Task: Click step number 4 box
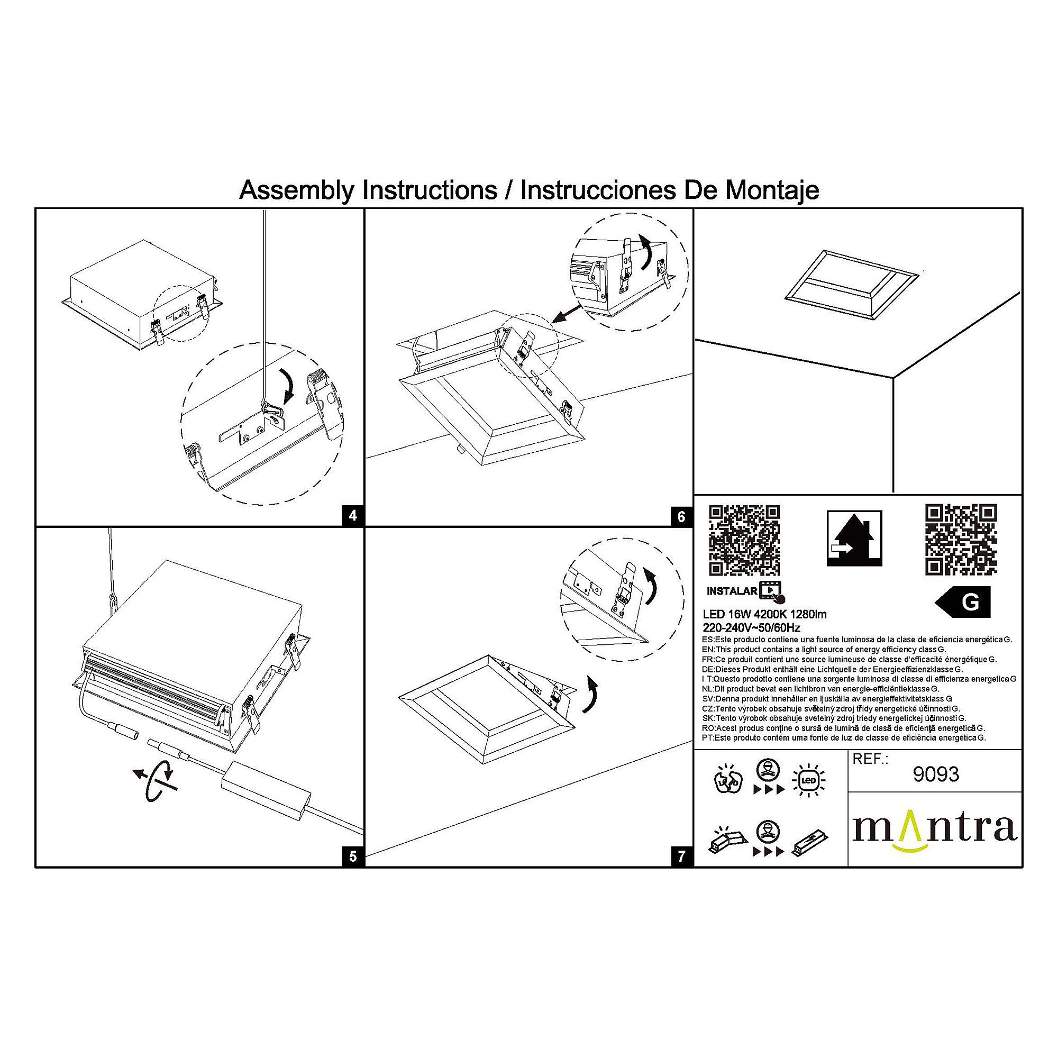point(353,516)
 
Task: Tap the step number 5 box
point(353,856)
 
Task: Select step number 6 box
point(682,516)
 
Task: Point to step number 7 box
point(682,856)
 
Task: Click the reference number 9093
point(936,774)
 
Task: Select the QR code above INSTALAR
point(744,541)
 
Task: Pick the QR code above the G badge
point(961,540)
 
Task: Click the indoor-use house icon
point(854,539)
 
